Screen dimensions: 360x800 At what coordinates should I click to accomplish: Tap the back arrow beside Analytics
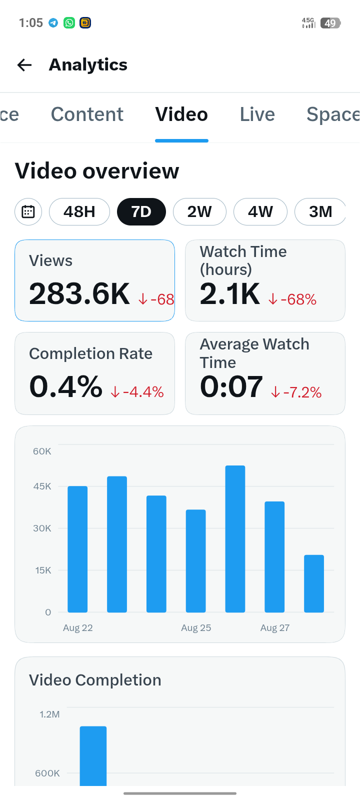pyautogui.click(x=24, y=65)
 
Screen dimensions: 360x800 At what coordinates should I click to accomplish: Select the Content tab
pyautogui.click(x=87, y=114)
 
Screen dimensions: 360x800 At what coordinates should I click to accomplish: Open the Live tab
pyautogui.click(x=257, y=114)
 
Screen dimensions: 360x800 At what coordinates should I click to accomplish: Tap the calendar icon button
pyautogui.click(x=28, y=212)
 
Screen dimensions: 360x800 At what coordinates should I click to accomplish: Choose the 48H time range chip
pyautogui.click(x=79, y=212)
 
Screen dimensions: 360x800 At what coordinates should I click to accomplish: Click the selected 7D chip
pyautogui.click(x=141, y=212)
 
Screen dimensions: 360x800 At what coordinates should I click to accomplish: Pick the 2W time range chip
pyautogui.click(x=199, y=212)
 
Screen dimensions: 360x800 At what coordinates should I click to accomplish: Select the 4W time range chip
pyautogui.click(x=260, y=212)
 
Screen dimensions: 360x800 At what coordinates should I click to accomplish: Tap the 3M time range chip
pyautogui.click(x=320, y=212)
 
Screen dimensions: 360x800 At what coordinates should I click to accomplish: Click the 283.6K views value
pyautogui.click(x=79, y=294)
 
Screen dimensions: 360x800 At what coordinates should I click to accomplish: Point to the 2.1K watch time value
pyautogui.click(x=229, y=294)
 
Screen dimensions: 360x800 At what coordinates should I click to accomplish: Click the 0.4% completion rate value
pyautogui.click(x=65, y=387)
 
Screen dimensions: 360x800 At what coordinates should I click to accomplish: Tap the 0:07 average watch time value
pyautogui.click(x=231, y=387)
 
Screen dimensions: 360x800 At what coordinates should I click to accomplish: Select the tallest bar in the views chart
pyautogui.click(x=235, y=539)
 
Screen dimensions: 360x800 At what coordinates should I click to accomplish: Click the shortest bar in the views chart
pyautogui.click(x=314, y=583)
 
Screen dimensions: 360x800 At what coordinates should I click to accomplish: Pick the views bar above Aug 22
pyautogui.click(x=77, y=549)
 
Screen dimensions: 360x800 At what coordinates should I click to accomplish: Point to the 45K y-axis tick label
pyautogui.click(x=42, y=486)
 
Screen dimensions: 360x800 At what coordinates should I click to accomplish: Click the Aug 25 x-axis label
pyautogui.click(x=196, y=628)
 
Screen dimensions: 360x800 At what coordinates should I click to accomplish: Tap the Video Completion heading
pyautogui.click(x=95, y=680)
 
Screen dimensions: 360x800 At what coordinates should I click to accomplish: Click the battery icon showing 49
pyautogui.click(x=330, y=23)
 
